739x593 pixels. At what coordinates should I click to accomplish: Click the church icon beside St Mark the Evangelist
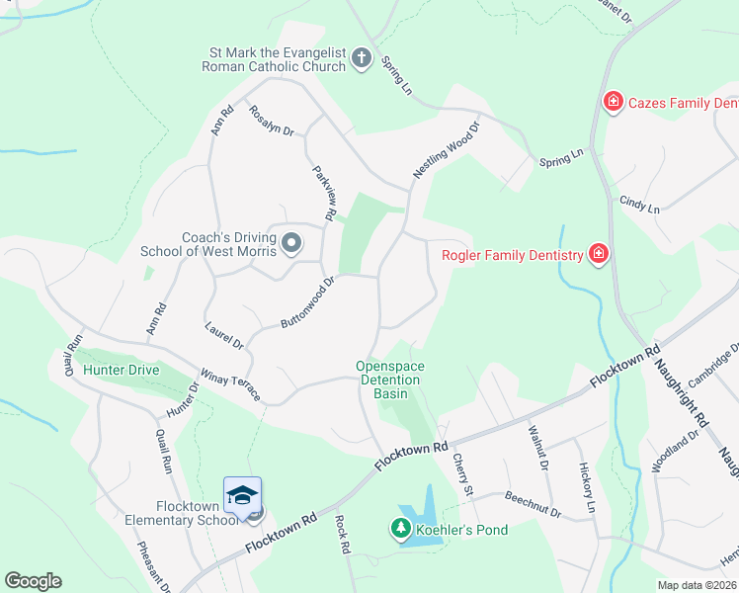click(362, 59)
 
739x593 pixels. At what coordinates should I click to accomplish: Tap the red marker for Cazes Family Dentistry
click(613, 102)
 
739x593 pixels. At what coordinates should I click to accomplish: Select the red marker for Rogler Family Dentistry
click(598, 255)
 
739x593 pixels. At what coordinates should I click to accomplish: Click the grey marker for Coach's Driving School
click(291, 242)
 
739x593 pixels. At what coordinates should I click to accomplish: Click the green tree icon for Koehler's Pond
click(402, 531)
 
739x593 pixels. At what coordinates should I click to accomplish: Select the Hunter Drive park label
click(122, 370)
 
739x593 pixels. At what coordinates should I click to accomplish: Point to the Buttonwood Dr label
click(309, 302)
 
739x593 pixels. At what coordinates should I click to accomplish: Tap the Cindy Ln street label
click(638, 204)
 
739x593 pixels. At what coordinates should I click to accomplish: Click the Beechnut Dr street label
click(532, 506)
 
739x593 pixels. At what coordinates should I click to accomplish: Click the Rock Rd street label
click(343, 535)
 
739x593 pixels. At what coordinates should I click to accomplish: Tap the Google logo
click(33, 581)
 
